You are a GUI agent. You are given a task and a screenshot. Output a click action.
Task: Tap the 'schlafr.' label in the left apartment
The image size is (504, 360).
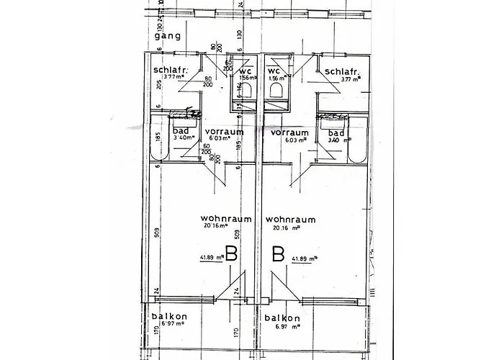tap(171, 70)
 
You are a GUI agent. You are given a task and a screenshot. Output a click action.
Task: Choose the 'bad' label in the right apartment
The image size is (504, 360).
tap(336, 133)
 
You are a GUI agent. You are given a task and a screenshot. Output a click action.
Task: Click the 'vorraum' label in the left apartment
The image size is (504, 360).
tap(223, 132)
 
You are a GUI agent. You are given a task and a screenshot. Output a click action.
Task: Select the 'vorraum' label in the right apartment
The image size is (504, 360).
tap(289, 132)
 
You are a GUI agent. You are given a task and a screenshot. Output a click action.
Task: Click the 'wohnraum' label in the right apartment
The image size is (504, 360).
tap(289, 218)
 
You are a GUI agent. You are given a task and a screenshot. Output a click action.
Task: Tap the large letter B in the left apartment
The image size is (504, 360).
tap(231, 254)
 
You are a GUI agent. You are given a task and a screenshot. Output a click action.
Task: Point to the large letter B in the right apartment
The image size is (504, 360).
tap(276, 254)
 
